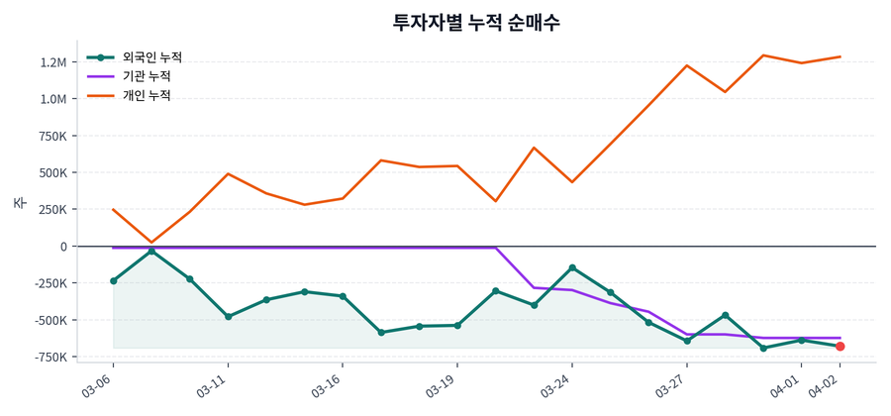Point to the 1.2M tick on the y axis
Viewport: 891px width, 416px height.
click(50, 62)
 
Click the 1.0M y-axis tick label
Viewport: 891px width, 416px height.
click(50, 99)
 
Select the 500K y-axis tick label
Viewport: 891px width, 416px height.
click(49, 172)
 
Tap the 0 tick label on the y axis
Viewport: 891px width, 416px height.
click(63, 246)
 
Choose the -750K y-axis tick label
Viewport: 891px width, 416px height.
click(47, 357)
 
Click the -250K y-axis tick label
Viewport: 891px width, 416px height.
click(47, 283)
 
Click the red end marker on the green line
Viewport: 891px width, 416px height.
click(840, 346)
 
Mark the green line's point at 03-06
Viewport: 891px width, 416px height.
click(113, 281)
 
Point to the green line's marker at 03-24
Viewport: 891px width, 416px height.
click(572, 267)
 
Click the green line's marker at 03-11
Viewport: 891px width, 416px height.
click(228, 317)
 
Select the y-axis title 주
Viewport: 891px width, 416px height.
click(19, 203)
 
